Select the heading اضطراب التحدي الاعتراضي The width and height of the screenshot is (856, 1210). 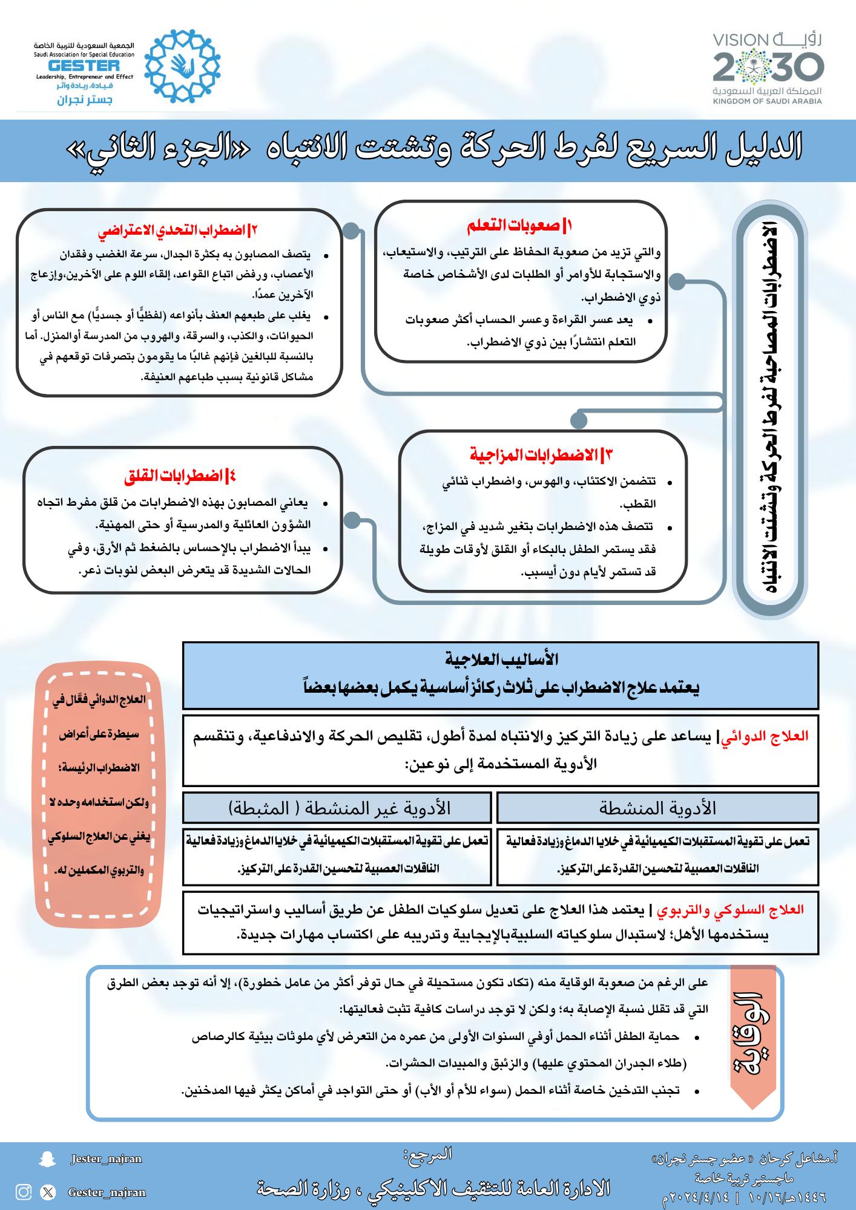(x=178, y=231)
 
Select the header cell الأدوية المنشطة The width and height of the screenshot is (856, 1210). (x=657, y=808)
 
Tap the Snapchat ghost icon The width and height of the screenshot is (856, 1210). (x=43, y=1159)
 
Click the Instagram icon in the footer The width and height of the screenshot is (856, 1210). (x=24, y=1192)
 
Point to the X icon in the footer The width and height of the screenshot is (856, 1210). (x=48, y=1192)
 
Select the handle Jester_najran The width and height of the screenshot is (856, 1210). (x=106, y=1159)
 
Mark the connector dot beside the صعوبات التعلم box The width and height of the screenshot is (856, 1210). (x=678, y=281)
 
